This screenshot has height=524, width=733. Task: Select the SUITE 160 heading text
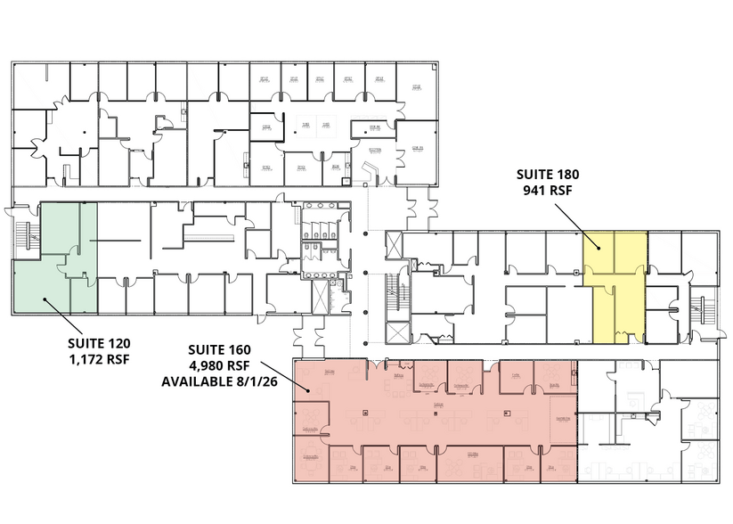click(x=219, y=349)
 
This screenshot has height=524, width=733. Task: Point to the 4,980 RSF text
click(x=219, y=365)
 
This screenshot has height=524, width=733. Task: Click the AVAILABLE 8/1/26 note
click(x=219, y=381)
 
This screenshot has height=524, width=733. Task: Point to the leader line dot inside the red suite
click(x=308, y=389)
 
